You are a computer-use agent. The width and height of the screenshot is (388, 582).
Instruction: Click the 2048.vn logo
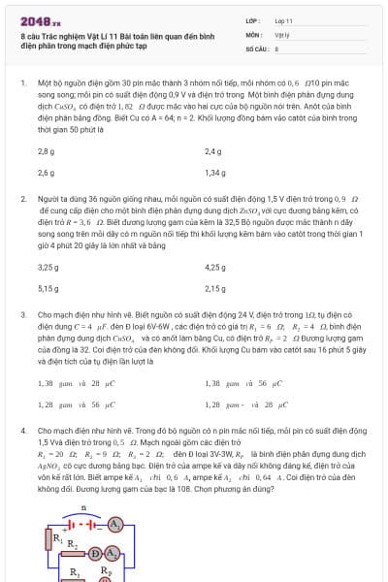(40, 19)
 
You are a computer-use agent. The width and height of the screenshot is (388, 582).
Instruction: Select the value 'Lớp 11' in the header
(285, 19)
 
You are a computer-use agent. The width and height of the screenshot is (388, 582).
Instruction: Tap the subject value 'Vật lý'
(283, 33)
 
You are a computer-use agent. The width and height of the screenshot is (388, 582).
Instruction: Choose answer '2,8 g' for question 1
(46, 151)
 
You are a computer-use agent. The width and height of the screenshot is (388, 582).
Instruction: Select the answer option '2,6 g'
(46, 172)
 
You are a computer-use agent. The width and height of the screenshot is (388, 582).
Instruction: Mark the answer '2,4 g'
(213, 151)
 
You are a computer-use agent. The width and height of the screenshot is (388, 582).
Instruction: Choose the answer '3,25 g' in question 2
(48, 267)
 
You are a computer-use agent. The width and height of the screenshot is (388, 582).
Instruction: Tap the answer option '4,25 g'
(215, 267)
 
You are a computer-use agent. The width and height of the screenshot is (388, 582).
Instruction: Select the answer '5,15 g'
(48, 287)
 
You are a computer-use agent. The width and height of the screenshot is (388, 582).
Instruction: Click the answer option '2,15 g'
(215, 287)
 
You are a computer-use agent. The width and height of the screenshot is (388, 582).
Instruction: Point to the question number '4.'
(23, 429)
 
